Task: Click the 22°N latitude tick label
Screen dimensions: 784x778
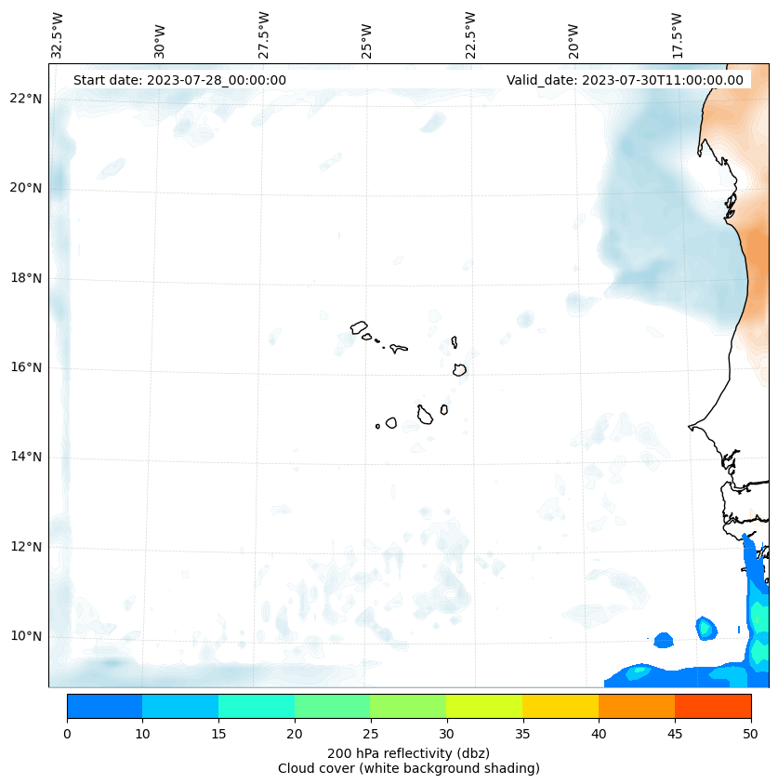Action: click(x=27, y=99)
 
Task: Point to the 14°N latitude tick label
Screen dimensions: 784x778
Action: click(x=27, y=457)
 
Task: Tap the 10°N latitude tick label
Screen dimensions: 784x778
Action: click(x=27, y=636)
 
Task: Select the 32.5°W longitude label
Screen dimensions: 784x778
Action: click(x=58, y=34)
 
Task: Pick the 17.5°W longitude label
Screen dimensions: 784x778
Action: click(x=678, y=34)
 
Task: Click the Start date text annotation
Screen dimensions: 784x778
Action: click(x=179, y=80)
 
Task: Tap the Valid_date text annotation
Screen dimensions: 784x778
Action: click(x=625, y=80)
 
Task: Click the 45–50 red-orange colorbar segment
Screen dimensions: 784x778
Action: click(x=713, y=706)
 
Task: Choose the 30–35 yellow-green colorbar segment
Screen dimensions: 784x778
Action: click(x=484, y=706)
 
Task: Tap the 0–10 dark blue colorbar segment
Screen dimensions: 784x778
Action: click(x=104, y=706)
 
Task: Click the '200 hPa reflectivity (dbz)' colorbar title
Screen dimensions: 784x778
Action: click(x=408, y=752)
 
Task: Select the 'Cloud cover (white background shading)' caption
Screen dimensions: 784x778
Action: click(x=408, y=768)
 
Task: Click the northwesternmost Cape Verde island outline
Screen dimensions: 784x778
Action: click(x=359, y=327)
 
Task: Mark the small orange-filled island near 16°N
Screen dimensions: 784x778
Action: click(x=459, y=369)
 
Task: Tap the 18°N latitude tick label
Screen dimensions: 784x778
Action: click(x=27, y=277)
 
